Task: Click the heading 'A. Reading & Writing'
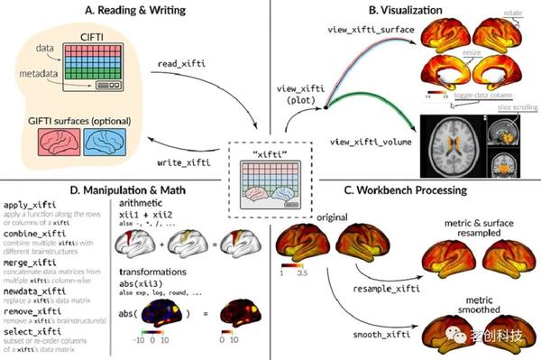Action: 133,10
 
